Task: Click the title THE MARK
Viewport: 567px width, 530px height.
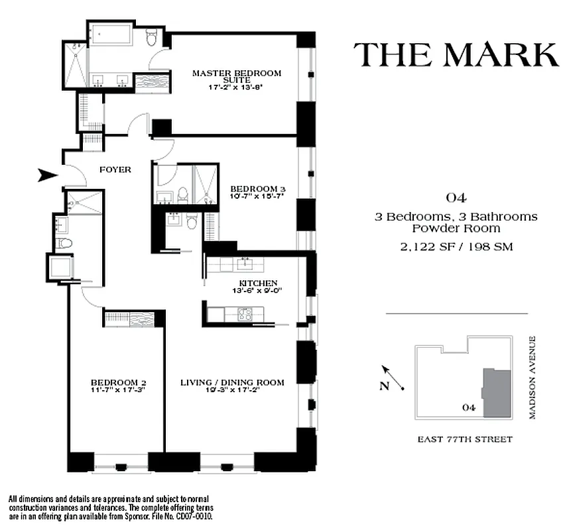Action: click(456, 54)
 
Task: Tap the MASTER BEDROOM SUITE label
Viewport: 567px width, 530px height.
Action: click(237, 76)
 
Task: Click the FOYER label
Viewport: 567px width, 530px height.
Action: click(115, 170)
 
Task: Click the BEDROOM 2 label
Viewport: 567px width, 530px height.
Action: click(118, 382)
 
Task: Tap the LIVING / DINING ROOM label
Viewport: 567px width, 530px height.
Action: click(233, 382)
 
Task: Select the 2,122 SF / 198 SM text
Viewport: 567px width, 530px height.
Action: click(456, 247)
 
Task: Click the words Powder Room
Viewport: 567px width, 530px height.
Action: click(456, 229)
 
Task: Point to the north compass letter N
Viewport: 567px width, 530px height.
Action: click(384, 388)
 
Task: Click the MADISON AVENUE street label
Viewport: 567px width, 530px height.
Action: click(532, 377)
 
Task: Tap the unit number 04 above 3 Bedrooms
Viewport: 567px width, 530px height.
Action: click(456, 197)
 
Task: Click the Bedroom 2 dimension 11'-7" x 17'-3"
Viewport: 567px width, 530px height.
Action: click(118, 390)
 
